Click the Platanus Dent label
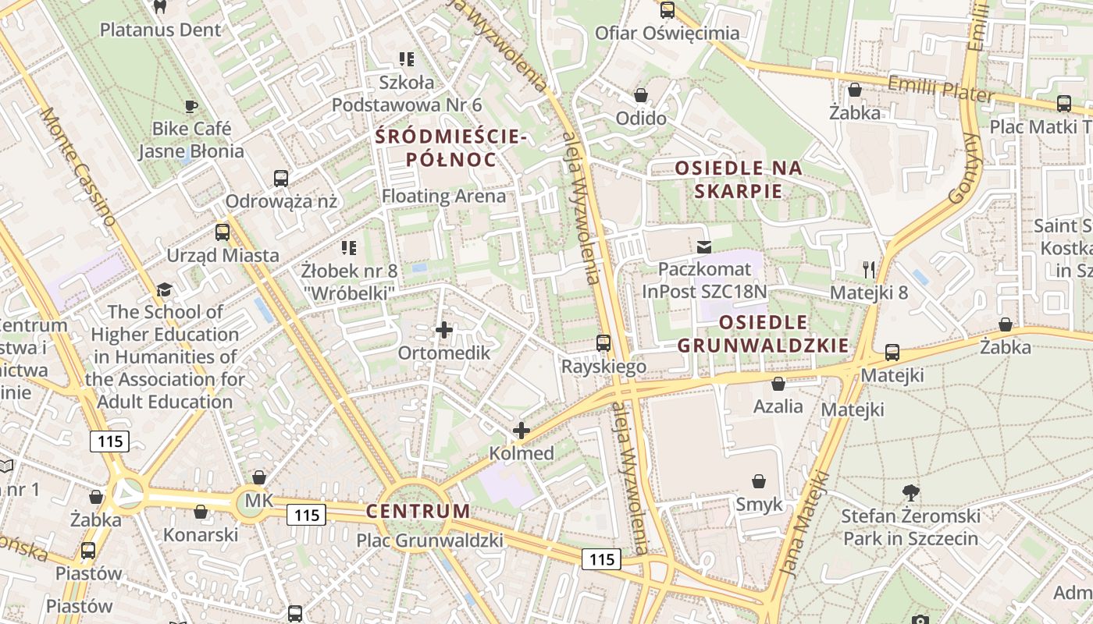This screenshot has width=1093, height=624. coord(161,30)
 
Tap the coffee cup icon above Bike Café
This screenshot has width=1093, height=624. coord(190,106)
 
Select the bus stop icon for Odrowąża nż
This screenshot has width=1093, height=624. coord(281,179)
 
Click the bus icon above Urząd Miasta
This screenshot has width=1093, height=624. coord(223,232)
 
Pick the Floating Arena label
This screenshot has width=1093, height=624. coord(443,197)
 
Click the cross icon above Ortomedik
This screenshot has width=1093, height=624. coord(444,330)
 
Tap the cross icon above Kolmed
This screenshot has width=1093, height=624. coord(521,430)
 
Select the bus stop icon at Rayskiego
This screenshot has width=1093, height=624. coord(603,343)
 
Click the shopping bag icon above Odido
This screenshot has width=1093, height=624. coord(641,95)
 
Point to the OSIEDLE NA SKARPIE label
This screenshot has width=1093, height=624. coord(739,179)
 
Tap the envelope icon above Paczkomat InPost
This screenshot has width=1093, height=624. coord(704,247)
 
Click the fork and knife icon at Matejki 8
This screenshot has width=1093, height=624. coord(869,270)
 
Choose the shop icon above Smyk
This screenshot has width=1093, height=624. coord(759,481)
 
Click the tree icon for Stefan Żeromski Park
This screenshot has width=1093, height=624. coord(910,492)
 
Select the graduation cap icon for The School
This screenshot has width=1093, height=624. coord(163,289)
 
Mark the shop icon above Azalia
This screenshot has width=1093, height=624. coord(778,383)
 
